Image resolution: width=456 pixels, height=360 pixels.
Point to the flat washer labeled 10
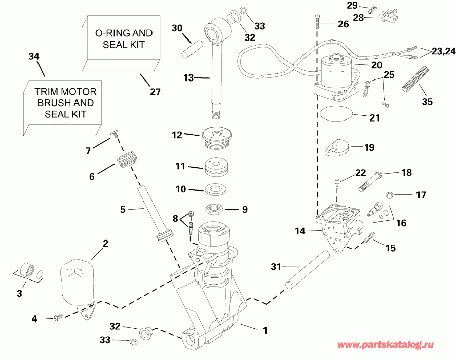[x=216, y=190]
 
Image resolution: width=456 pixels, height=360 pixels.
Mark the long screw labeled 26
[x=317, y=22]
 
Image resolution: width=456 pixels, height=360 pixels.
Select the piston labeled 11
[x=216, y=167]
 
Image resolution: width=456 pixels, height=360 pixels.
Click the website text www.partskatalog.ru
[x=386, y=345]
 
